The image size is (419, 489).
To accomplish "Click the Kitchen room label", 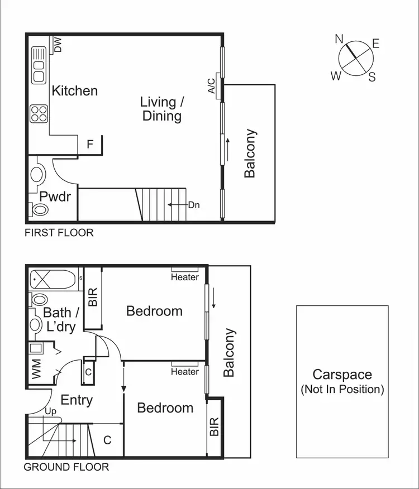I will [74, 91].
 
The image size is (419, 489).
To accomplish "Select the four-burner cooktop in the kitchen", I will [39, 114].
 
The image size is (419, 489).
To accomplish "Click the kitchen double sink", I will [39, 65].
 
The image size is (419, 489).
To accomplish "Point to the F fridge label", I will [90, 145].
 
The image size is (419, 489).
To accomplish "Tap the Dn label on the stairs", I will [194, 205].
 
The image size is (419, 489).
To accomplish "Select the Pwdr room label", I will [54, 196].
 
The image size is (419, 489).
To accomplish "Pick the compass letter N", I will [339, 39].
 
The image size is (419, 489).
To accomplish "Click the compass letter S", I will [372, 78].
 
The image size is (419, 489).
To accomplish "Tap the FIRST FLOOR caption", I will [59, 233].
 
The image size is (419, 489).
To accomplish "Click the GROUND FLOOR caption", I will [66, 467].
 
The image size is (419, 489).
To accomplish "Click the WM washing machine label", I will [37, 369].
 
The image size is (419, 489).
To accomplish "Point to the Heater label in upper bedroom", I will [185, 277].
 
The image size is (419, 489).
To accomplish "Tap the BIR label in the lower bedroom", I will [215, 426].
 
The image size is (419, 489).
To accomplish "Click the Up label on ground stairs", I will [50, 411].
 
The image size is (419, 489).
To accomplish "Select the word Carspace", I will [342, 375].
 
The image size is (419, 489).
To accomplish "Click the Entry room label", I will [77, 400].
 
